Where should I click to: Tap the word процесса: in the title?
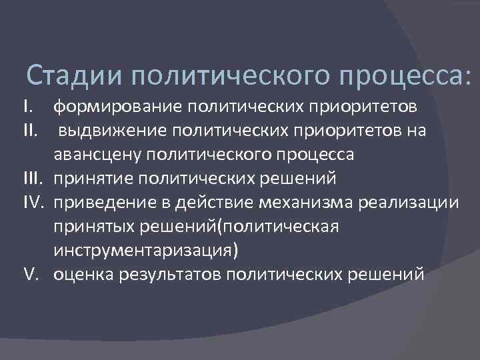coord(407,75)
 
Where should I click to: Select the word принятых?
coord(93,227)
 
